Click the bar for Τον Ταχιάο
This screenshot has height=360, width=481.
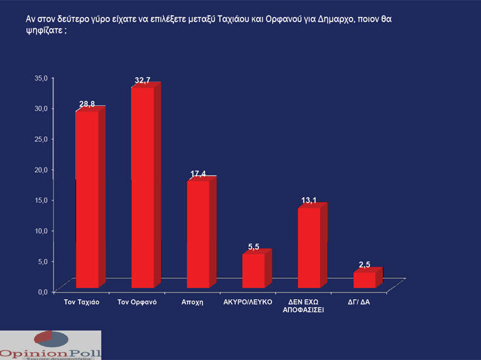[88, 200]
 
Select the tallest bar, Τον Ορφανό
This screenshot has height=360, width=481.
[143, 188]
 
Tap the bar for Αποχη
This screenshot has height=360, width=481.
[198, 234]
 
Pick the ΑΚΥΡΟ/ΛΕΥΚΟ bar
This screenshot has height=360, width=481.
[253, 270]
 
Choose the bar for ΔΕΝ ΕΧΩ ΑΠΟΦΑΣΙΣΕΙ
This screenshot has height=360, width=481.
[309, 247]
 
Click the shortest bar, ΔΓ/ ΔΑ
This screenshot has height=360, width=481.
[364, 279]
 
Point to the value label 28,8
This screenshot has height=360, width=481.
[87, 105]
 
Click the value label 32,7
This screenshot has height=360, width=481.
[143, 80]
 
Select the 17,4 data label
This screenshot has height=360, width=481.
[198, 173]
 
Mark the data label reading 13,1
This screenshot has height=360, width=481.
[308, 200]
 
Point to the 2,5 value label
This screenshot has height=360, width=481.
[365, 264]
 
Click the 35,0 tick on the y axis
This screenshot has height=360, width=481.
[41, 77]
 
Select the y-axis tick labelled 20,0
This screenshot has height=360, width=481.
[41, 169]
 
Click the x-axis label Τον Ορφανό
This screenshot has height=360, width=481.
[136, 302]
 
